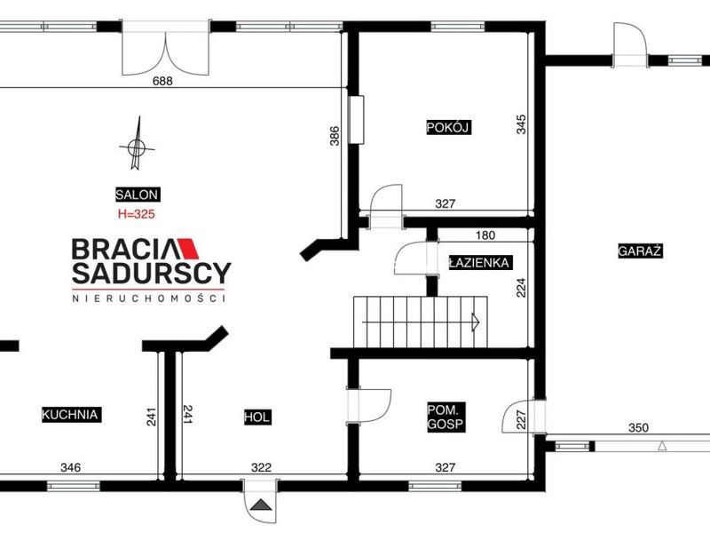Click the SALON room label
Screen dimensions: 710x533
(138, 195)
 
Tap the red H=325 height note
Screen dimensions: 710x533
(137, 214)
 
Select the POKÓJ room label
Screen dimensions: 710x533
(449, 127)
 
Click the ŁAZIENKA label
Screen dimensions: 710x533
(479, 262)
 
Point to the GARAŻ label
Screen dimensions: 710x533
(640, 251)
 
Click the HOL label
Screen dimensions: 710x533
(257, 417)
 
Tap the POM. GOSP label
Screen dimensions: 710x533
(446, 417)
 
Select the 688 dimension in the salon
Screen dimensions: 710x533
(162, 81)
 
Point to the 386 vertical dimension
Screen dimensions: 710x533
(335, 136)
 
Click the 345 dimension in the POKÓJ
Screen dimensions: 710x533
(521, 124)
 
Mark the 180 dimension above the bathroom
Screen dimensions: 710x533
(485, 235)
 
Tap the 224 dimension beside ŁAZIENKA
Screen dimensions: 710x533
(521, 287)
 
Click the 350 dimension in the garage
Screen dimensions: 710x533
(638, 427)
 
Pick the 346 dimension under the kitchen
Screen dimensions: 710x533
(71, 467)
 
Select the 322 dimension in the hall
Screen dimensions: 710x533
(261, 467)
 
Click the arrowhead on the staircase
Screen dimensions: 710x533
(476, 322)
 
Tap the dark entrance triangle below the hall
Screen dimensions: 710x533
(260, 504)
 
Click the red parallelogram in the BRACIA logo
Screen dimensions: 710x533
(189, 249)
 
